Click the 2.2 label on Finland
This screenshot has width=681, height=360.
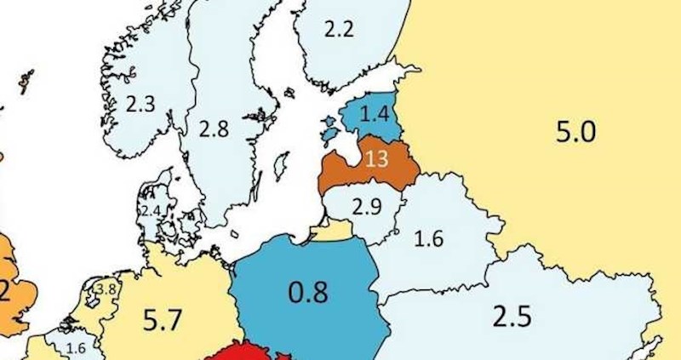click(338, 29)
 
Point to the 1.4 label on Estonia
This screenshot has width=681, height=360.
click(375, 112)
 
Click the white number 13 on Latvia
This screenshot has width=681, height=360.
click(375, 158)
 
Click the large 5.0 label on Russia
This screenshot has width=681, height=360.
click(576, 133)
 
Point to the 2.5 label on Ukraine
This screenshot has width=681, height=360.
click(512, 316)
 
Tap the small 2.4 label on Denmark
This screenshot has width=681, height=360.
click(151, 210)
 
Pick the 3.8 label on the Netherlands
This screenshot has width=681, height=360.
click(107, 289)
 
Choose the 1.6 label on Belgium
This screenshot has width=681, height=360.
click(76, 347)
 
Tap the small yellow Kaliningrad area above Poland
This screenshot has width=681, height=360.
click(337, 230)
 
